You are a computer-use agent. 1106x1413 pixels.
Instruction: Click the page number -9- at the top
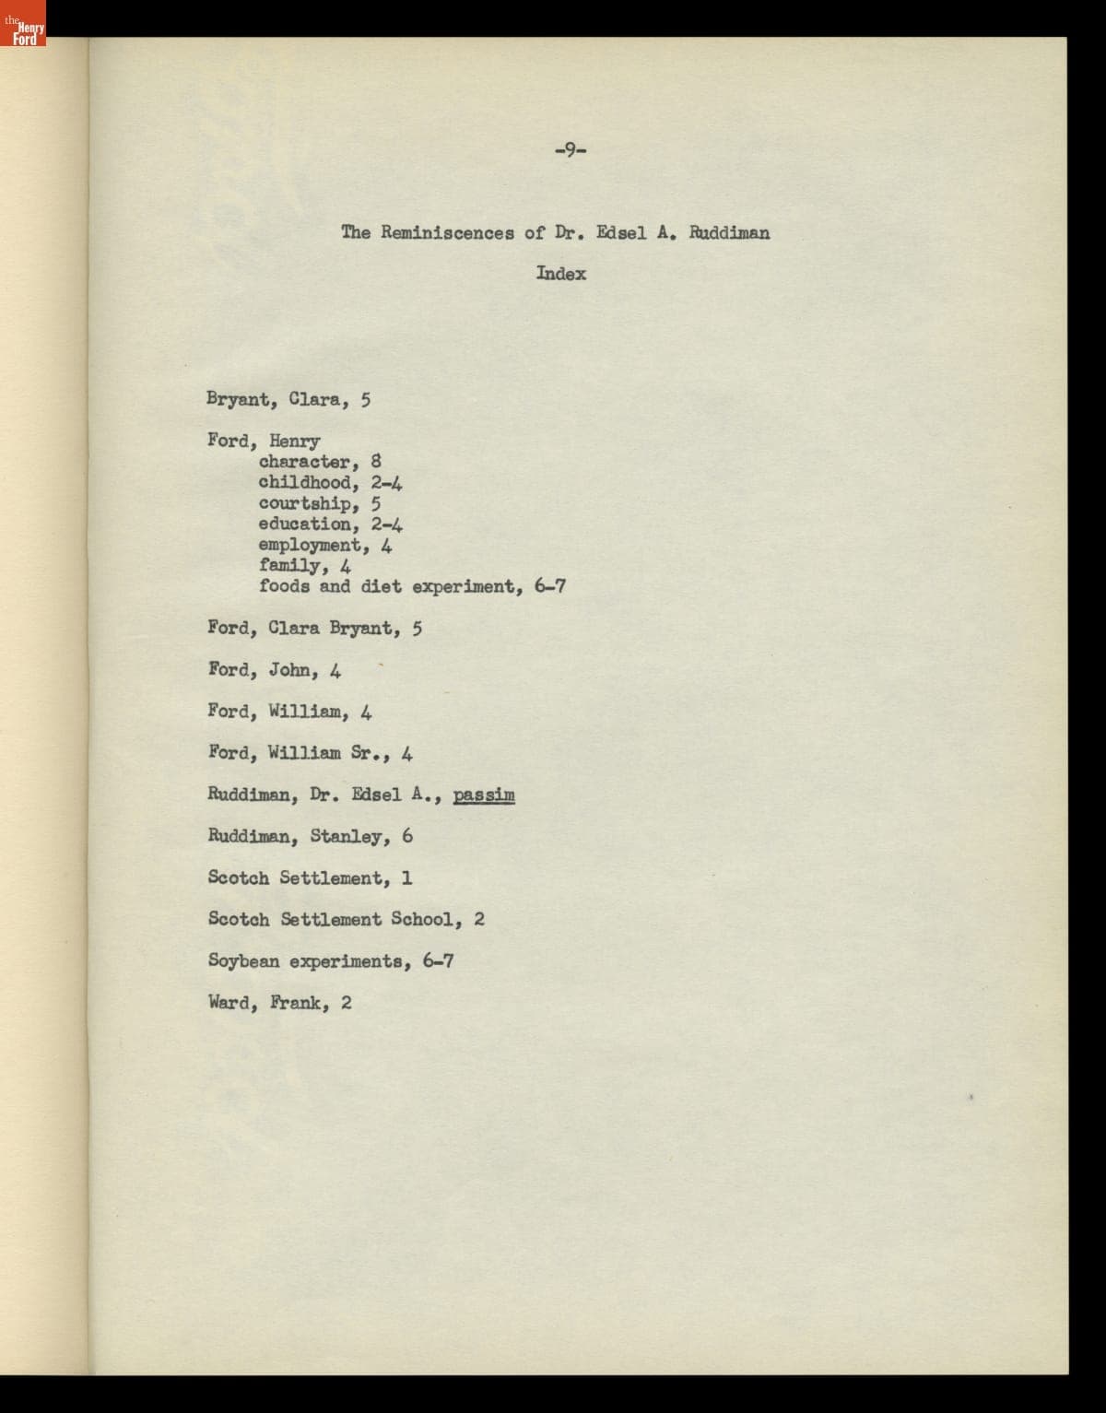pyautogui.click(x=571, y=149)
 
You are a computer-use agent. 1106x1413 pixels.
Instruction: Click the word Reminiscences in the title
pyautogui.click(x=448, y=232)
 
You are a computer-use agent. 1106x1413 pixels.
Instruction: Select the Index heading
pyautogui.click(x=560, y=274)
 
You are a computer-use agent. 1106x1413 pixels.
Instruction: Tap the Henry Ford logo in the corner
pyautogui.click(x=22, y=22)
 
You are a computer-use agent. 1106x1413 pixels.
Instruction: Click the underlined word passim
pyautogui.click(x=484, y=795)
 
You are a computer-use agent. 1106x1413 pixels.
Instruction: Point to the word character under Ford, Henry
pyautogui.click(x=304, y=462)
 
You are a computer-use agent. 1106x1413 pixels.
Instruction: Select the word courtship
pyautogui.click(x=304, y=503)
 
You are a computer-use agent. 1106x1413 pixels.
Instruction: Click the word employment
pyautogui.click(x=309, y=545)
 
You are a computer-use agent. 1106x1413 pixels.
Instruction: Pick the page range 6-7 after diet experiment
pyautogui.click(x=549, y=586)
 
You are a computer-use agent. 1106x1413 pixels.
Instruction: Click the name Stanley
pyautogui.click(x=347, y=836)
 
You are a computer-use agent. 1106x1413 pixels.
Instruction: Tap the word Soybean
pyautogui.click(x=243, y=961)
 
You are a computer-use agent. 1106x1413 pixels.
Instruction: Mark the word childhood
pyautogui.click(x=304, y=483)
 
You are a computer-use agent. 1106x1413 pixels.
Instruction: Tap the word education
pyautogui.click(x=304, y=524)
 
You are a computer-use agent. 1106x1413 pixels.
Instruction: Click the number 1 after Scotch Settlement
pyautogui.click(x=406, y=877)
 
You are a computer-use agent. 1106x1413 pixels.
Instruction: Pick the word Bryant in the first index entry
pyautogui.click(x=237, y=400)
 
